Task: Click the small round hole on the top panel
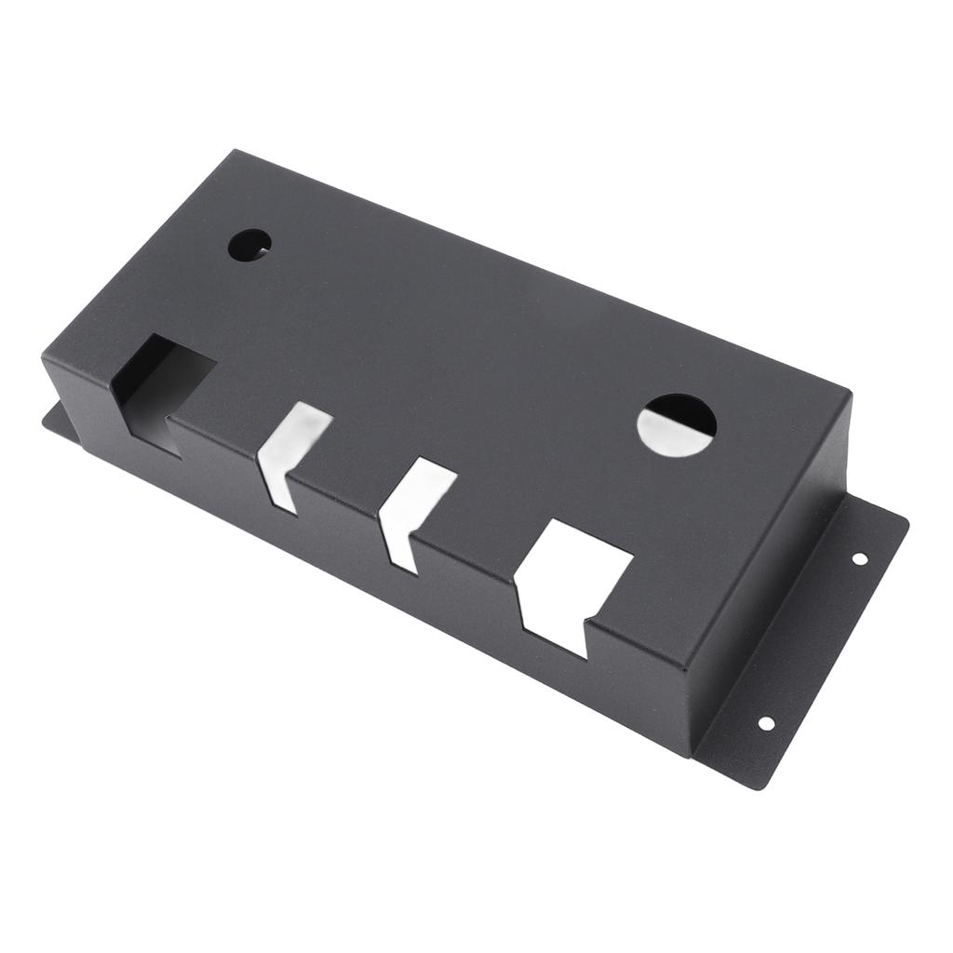(249, 245)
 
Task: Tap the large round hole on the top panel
(677, 425)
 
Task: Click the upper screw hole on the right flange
(859, 558)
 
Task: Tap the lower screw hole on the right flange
(766, 723)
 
